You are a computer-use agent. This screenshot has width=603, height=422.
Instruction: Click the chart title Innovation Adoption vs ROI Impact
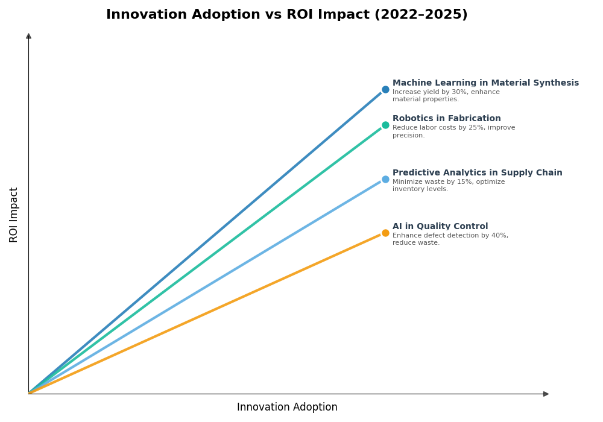point(286,15)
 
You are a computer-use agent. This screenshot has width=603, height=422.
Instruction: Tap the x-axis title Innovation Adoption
point(287,408)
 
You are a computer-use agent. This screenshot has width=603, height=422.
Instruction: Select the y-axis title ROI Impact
point(14,215)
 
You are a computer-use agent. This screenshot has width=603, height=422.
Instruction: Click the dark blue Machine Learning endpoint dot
point(385,90)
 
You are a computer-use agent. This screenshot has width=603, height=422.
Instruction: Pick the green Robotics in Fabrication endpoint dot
point(385,125)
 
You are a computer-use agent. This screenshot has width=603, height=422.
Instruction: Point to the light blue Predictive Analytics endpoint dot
point(385,179)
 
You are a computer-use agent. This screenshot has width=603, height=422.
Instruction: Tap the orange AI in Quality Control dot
point(385,233)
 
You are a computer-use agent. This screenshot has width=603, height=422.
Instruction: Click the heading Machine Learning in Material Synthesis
point(485,83)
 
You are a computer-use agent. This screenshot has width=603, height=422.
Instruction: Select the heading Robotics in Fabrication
point(446,119)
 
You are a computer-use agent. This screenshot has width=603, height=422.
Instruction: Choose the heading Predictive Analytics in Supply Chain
point(477,173)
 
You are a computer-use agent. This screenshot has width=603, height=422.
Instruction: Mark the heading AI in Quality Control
point(440,227)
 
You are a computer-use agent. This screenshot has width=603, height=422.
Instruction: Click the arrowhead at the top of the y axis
point(28,36)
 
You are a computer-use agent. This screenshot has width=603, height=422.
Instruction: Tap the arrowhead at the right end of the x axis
point(546,394)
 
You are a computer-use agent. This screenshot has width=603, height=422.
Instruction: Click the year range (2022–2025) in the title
point(420,15)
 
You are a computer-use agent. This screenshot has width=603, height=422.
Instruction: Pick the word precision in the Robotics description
point(408,136)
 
